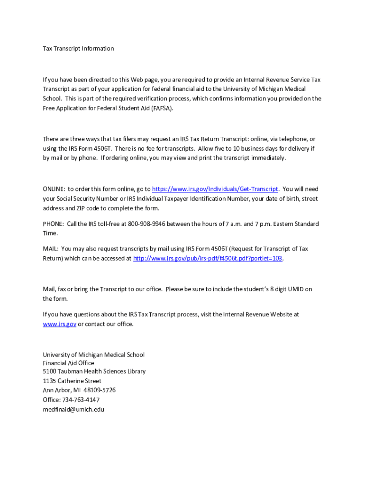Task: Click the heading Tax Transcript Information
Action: tap(78, 48)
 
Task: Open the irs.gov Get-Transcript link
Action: tap(215, 189)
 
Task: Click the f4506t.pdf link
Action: tap(208, 259)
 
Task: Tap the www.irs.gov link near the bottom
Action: tap(59, 324)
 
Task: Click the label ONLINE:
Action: tap(54, 189)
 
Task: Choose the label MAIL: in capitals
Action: tap(50, 249)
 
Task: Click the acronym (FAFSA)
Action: tap(163, 108)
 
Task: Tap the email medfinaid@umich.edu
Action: tap(73, 409)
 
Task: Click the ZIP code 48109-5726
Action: tap(100, 390)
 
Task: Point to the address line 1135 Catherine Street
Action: tap(72, 381)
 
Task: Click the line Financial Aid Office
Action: tap(68, 363)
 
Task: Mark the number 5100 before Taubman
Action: tap(50, 372)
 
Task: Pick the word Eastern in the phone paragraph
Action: tap(283, 224)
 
